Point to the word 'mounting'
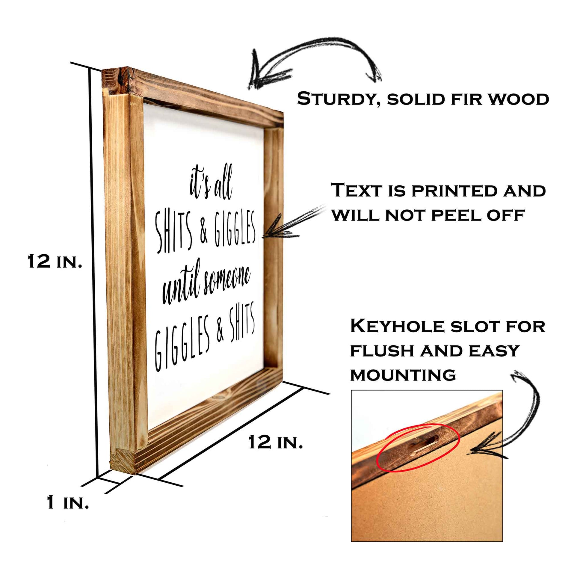point(403,375)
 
